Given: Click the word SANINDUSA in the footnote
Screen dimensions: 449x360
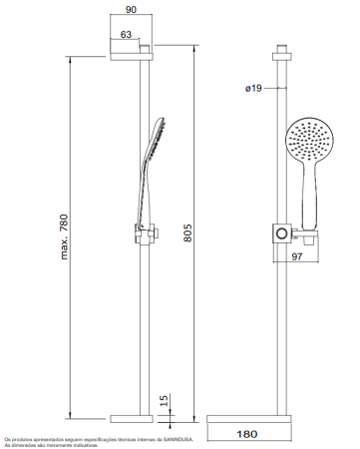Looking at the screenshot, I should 178,438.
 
